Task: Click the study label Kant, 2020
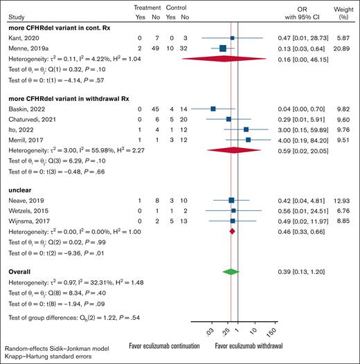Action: (x=19, y=38)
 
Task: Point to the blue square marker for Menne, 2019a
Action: (x=223, y=48)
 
